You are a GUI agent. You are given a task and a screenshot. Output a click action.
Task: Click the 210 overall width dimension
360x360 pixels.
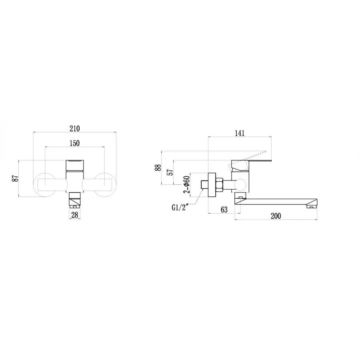(x=75, y=128)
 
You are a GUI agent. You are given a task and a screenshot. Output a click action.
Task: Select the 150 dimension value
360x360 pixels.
(x=75, y=143)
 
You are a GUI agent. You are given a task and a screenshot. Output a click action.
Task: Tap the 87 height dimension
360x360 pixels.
(x=16, y=178)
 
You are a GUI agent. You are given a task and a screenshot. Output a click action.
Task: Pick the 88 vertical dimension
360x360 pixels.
(x=158, y=168)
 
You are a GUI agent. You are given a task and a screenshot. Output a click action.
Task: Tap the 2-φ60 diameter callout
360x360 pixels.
(x=186, y=185)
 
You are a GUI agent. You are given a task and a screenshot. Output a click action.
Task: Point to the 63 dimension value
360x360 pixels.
(x=224, y=209)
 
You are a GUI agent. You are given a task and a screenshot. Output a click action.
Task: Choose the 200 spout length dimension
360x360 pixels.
(x=276, y=216)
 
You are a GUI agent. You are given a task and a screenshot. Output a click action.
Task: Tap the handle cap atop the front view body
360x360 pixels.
(x=75, y=165)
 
